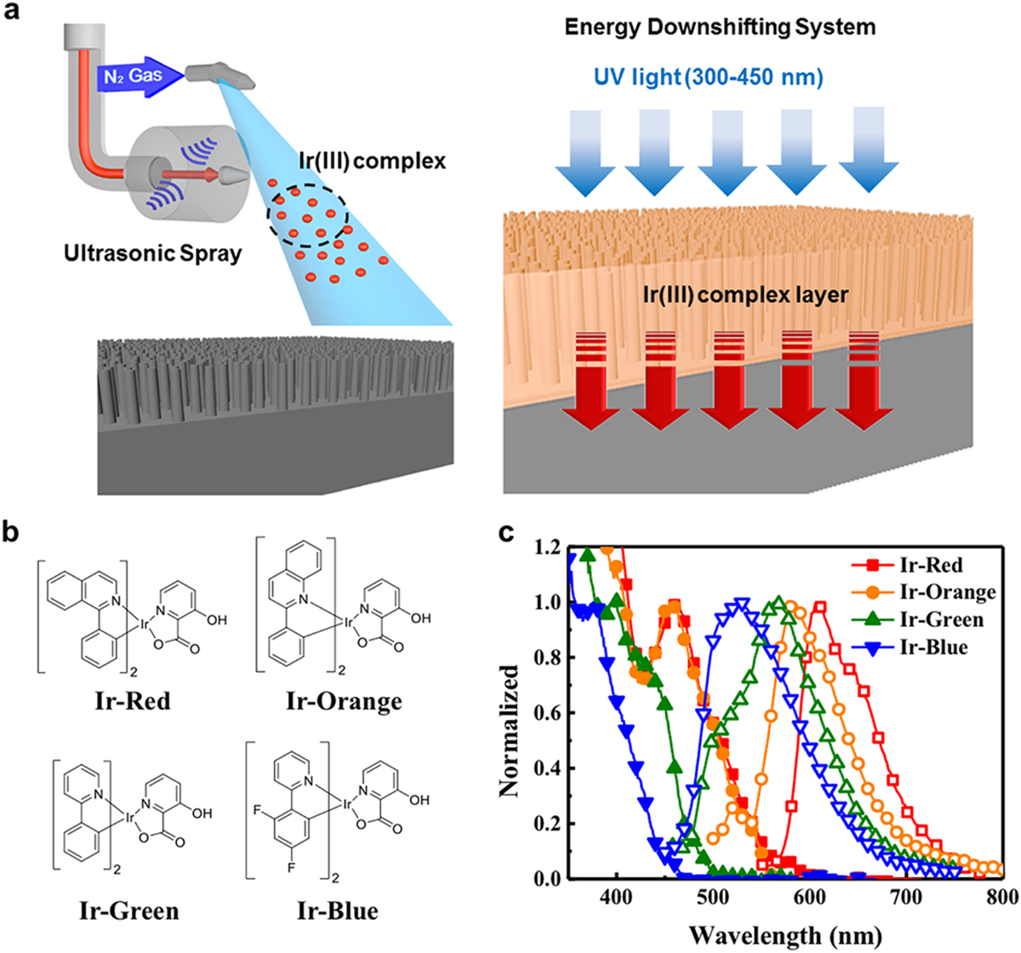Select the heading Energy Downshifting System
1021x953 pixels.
coord(720,27)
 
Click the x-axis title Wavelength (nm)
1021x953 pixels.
coord(779,933)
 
